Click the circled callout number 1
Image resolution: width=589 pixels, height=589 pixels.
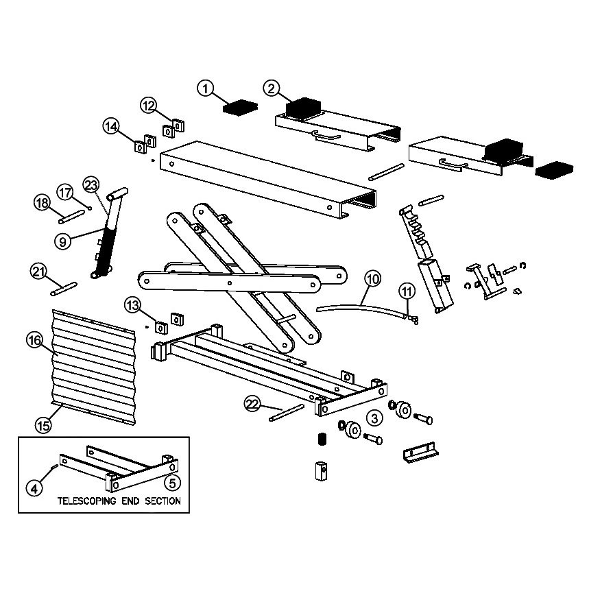(205, 88)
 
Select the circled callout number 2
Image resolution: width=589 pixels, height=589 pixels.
(272, 88)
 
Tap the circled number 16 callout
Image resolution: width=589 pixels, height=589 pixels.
(34, 341)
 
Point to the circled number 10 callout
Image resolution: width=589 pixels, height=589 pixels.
(372, 279)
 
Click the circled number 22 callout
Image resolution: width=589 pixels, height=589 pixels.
(252, 404)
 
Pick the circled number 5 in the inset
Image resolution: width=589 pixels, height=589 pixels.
(172, 483)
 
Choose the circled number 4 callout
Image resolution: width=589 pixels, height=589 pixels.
(34, 489)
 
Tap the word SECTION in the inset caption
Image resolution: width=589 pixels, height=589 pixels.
(163, 501)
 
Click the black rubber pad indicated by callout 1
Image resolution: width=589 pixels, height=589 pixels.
(241, 106)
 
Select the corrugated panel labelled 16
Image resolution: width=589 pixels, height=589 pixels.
(93, 367)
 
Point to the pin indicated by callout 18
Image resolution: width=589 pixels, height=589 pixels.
(71, 217)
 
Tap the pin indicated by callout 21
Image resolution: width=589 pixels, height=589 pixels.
(64, 289)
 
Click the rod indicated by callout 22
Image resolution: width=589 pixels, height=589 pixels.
(287, 413)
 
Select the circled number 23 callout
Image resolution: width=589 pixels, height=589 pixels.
(91, 185)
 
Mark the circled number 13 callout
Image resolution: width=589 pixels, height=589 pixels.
(132, 305)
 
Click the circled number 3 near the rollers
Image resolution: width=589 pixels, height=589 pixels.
(374, 418)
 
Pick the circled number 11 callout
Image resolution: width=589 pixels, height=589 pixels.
(407, 291)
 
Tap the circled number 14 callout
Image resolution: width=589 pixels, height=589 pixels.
(111, 127)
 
